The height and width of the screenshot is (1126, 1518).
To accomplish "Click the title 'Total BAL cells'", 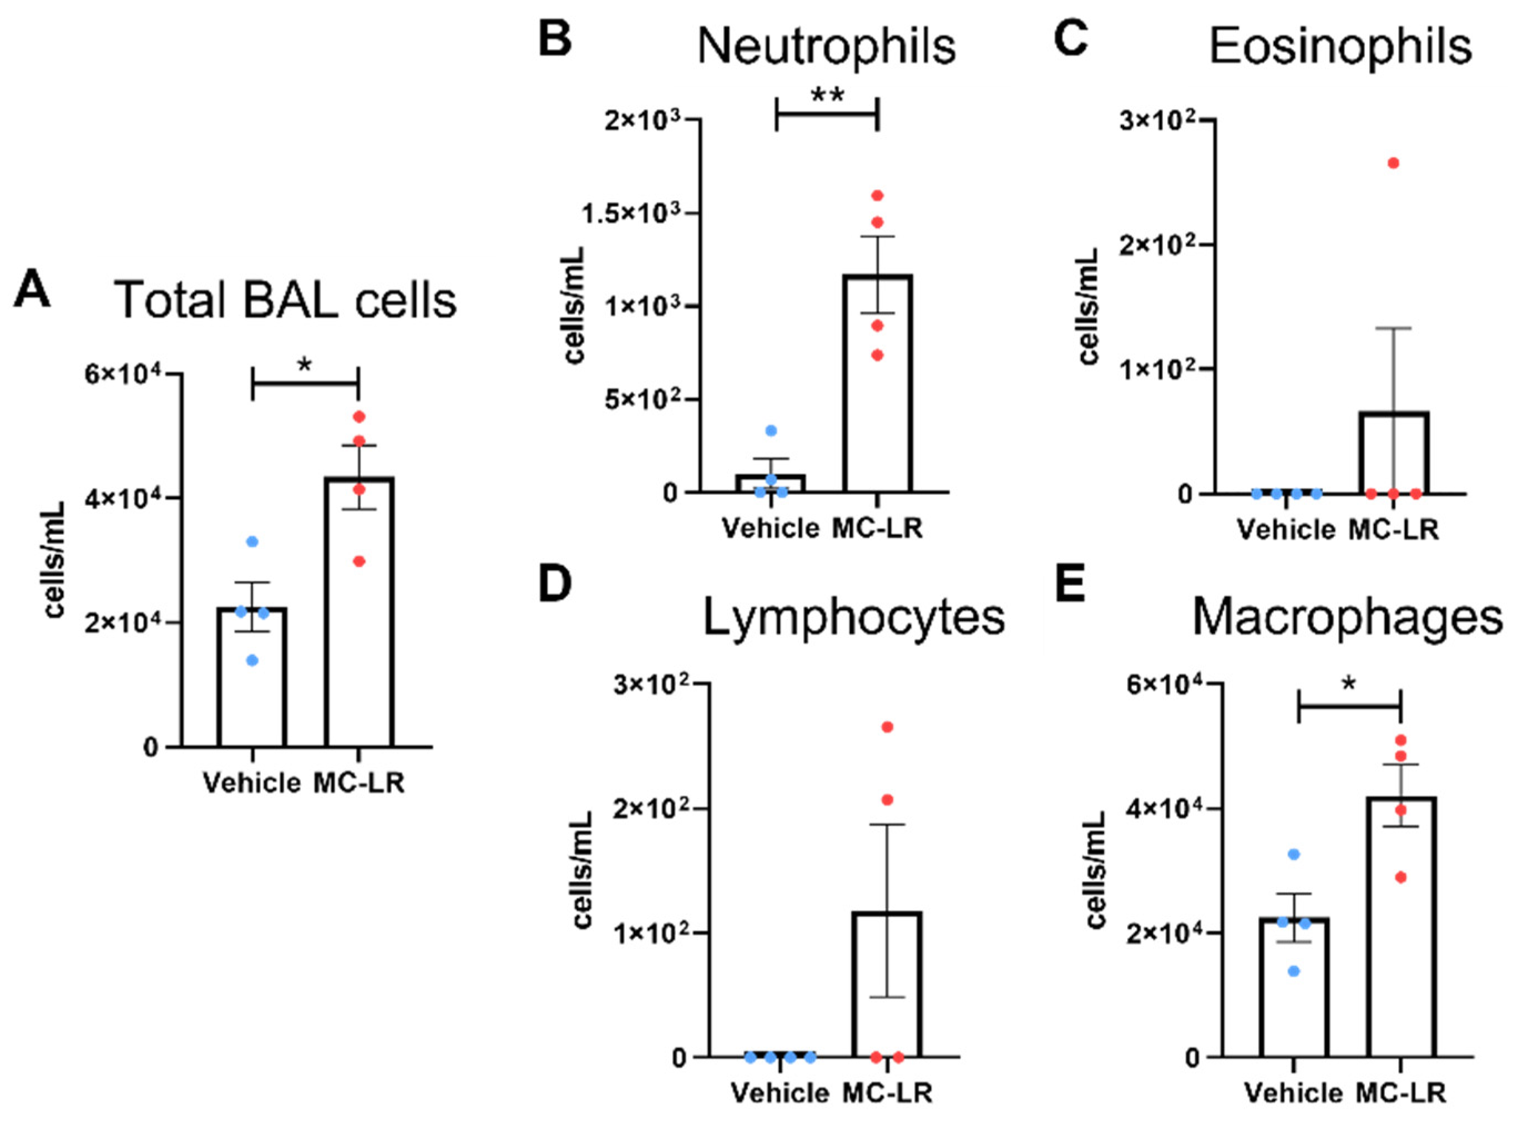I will click(x=285, y=300).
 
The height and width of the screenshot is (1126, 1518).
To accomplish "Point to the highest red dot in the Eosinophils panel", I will click(x=1393, y=163).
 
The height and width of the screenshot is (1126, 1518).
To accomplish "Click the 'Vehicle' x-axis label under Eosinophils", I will click(x=1286, y=530).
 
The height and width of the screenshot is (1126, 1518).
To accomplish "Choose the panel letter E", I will click(x=1070, y=584).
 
